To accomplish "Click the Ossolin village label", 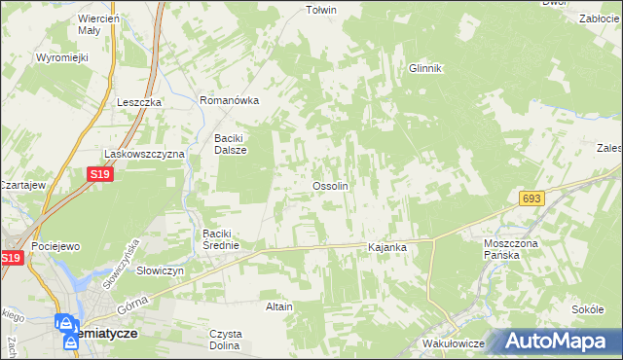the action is (x=329, y=185).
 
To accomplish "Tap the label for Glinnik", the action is (x=425, y=68).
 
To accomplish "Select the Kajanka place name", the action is (x=385, y=248).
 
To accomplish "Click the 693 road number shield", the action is (x=531, y=198).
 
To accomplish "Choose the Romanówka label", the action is (x=229, y=100).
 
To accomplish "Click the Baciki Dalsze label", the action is (x=231, y=144).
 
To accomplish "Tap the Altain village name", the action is (x=279, y=306).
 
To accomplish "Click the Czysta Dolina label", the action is (x=225, y=339).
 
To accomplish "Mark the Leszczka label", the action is (x=137, y=101).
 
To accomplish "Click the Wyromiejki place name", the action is (x=62, y=57).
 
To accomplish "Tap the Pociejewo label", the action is (x=55, y=248).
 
